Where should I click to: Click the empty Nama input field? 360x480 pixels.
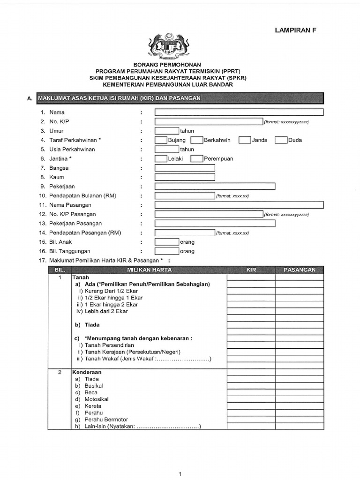[239, 112]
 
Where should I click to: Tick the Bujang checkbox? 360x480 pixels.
[161, 140]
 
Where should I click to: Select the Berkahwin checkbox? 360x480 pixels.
[196, 140]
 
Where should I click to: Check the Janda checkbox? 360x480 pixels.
[245, 140]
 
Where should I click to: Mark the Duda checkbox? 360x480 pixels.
[281, 140]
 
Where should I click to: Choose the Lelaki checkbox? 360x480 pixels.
[161, 158]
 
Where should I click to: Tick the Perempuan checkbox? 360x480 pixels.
[196, 158]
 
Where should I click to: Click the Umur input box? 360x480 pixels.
[166, 131]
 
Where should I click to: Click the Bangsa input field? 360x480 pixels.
[185, 168]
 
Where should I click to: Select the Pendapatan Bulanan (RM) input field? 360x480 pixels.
[185, 195]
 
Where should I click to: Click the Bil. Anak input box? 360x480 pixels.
[166, 242]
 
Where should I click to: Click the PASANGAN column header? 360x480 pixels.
[299, 270]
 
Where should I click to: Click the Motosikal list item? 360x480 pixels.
[97, 399]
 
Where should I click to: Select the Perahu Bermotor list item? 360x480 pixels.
[106, 420]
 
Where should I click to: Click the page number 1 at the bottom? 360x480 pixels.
[180, 474]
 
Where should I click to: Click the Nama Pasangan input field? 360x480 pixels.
[239, 205]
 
